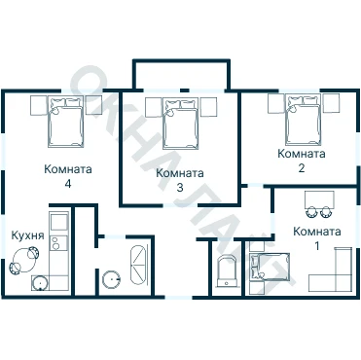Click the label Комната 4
(x=68, y=176)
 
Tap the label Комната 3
(x=180, y=180)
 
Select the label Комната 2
(x=302, y=161)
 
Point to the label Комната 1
(x=317, y=238)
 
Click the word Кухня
(x=27, y=235)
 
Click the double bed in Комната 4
(x=66, y=122)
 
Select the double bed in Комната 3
(x=180, y=124)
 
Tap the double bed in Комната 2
(x=303, y=120)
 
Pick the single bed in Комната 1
(x=270, y=266)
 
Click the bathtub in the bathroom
(x=138, y=266)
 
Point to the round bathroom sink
(x=111, y=279)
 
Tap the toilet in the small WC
(x=227, y=271)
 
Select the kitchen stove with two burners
(x=58, y=243)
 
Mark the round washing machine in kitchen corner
(x=40, y=283)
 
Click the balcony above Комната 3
(x=182, y=75)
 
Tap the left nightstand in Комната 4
(x=39, y=105)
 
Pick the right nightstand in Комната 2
(x=331, y=103)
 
